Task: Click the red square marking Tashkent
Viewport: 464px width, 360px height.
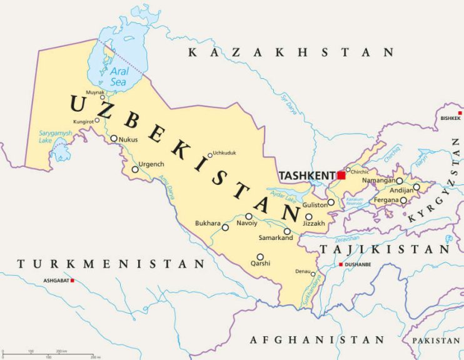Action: click(341, 175)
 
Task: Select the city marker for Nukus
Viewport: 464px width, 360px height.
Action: click(114, 139)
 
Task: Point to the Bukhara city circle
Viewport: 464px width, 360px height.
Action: click(225, 227)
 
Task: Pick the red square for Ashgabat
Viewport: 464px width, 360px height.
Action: click(73, 281)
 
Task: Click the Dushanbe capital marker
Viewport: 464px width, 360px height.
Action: click(340, 265)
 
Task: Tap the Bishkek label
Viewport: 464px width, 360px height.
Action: click(450, 118)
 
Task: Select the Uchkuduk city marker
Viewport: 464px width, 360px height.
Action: click(210, 156)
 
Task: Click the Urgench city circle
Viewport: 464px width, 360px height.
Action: click(135, 169)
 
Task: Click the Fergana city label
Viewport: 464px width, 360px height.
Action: click(385, 200)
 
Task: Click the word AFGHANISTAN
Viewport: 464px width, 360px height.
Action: click(317, 340)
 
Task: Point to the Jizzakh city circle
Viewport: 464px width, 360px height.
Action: click(308, 216)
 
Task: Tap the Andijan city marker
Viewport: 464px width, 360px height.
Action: click(416, 187)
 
